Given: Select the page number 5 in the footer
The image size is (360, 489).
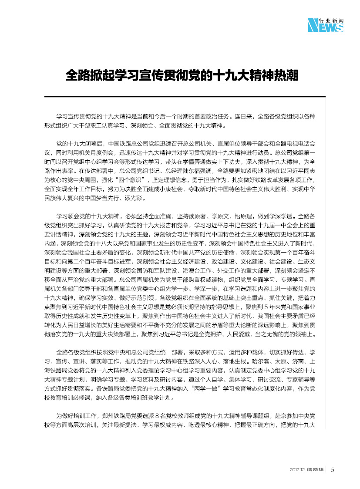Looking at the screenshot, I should [333, 470].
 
